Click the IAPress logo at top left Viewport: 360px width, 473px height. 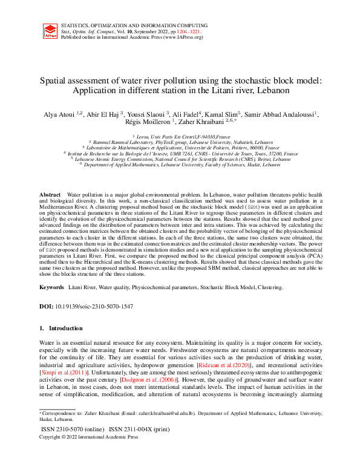[x=50, y=32]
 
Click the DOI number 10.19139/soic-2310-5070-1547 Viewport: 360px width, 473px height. [x=94, y=307]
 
